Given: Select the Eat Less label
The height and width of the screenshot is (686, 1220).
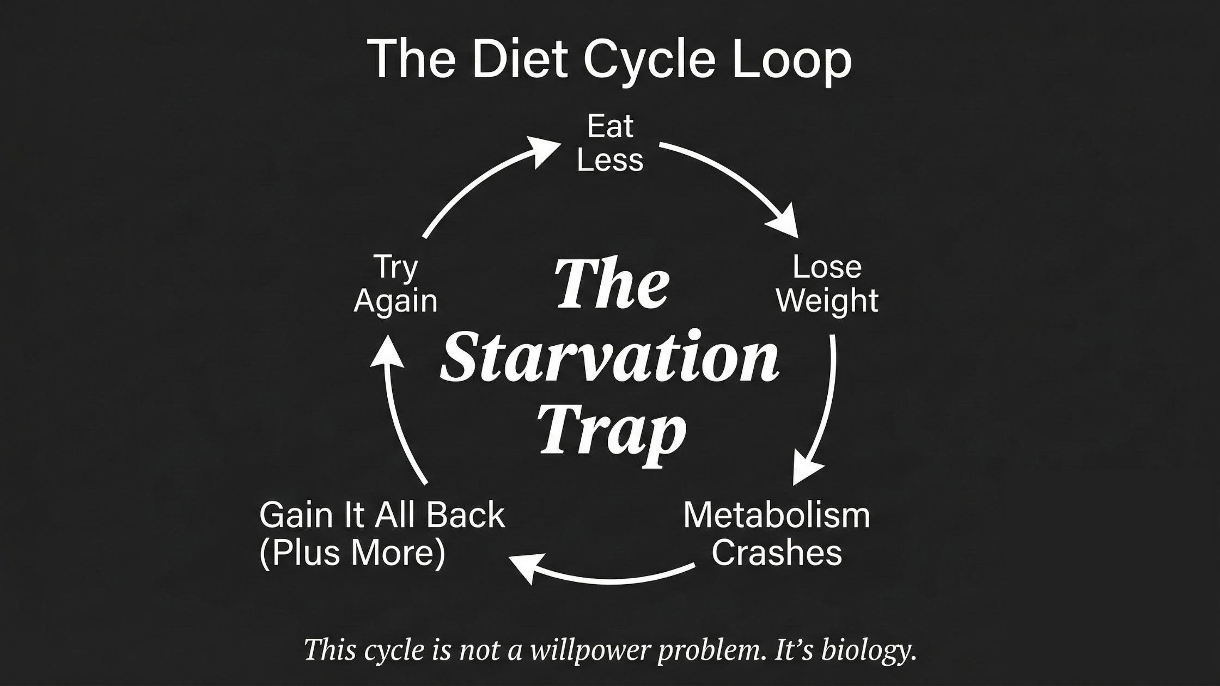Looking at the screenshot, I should pyautogui.click(x=610, y=144).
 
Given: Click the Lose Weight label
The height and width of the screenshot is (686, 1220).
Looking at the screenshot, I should pyautogui.click(x=827, y=284).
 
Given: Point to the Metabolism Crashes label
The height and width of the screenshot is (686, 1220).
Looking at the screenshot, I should pyautogui.click(x=777, y=534).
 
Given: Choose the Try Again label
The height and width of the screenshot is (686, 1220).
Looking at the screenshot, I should pyautogui.click(x=395, y=284).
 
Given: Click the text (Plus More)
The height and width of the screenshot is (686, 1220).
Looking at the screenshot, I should pyautogui.click(x=352, y=553).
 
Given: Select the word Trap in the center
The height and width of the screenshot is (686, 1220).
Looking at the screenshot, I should pyautogui.click(x=612, y=433).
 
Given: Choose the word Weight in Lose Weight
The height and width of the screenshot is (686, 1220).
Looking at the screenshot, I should pyautogui.click(x=827, y=301).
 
